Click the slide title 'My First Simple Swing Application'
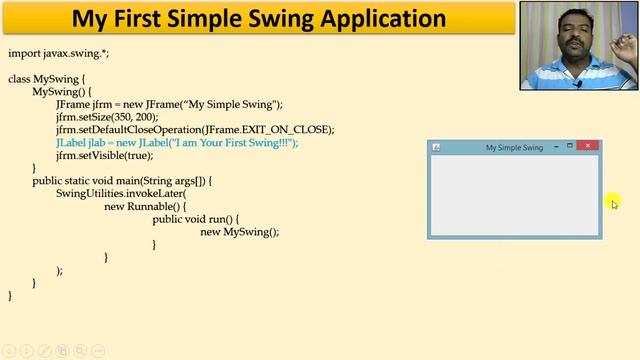[x=259, y=19]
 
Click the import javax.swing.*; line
[x=58, y=53]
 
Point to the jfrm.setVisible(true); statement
[x=104, y=156]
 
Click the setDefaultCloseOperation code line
[x=194, y=130]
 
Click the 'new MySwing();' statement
[x=239, y=232]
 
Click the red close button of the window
[x=589, y=147]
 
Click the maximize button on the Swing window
[x=570, y=147]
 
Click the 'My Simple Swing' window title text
[x=514, y=148]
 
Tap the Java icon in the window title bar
[x=436, y=148]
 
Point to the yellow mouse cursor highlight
[x=614, y=204]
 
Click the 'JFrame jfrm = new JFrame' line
[x=169, y=104]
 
